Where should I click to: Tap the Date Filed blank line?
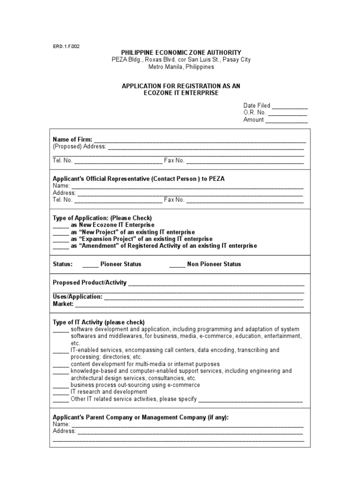click(290, 106)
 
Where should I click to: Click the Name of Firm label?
click(73, 139)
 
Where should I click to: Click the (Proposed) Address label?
click(80, 146)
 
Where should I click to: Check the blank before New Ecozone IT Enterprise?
click(60, 225)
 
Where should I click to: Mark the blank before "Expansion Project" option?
click(60, 239)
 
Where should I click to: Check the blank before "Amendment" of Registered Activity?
click(60, 246)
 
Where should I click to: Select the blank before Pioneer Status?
click(90, 264)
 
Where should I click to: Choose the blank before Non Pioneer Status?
click(177, 264)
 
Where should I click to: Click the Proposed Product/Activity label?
click(90, 283)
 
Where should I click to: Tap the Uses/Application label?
click(77, 297)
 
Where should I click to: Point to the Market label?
click(63, 304)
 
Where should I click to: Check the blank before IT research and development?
click(60, 392)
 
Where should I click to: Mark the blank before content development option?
click(60, 364)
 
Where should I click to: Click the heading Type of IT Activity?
click(98, 322)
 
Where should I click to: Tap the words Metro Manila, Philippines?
click(181, 67)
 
